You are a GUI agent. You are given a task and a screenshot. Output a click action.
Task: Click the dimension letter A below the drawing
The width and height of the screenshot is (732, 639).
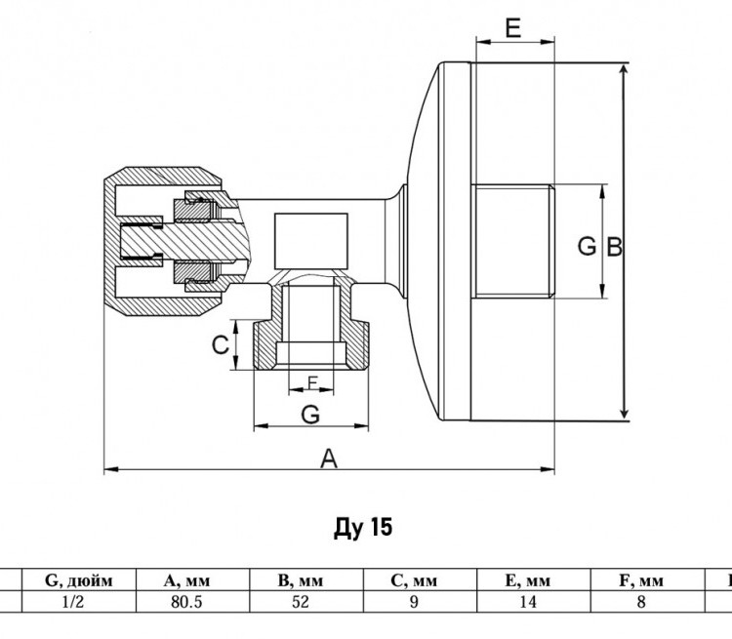(329, 459)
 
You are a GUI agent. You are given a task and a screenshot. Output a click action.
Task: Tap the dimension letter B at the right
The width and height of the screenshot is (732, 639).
(614, 247)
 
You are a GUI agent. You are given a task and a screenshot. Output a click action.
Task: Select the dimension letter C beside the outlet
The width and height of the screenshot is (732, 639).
(221, 345)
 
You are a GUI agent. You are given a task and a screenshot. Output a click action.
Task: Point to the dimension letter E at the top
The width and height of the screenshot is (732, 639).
(513, 28)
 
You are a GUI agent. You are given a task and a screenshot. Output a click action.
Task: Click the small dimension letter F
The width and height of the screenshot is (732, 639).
(312, 382)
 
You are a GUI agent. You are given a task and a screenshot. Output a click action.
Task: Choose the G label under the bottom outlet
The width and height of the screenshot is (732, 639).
(310, 414)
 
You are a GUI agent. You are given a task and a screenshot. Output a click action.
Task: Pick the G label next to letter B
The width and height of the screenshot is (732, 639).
(587, 246)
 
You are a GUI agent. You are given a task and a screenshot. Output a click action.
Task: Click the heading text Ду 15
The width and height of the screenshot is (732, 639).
(363, 528)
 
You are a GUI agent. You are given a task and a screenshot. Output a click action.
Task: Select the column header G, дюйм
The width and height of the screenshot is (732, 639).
(78, 580)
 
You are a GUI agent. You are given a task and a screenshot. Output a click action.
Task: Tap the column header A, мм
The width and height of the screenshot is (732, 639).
(186, 580)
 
